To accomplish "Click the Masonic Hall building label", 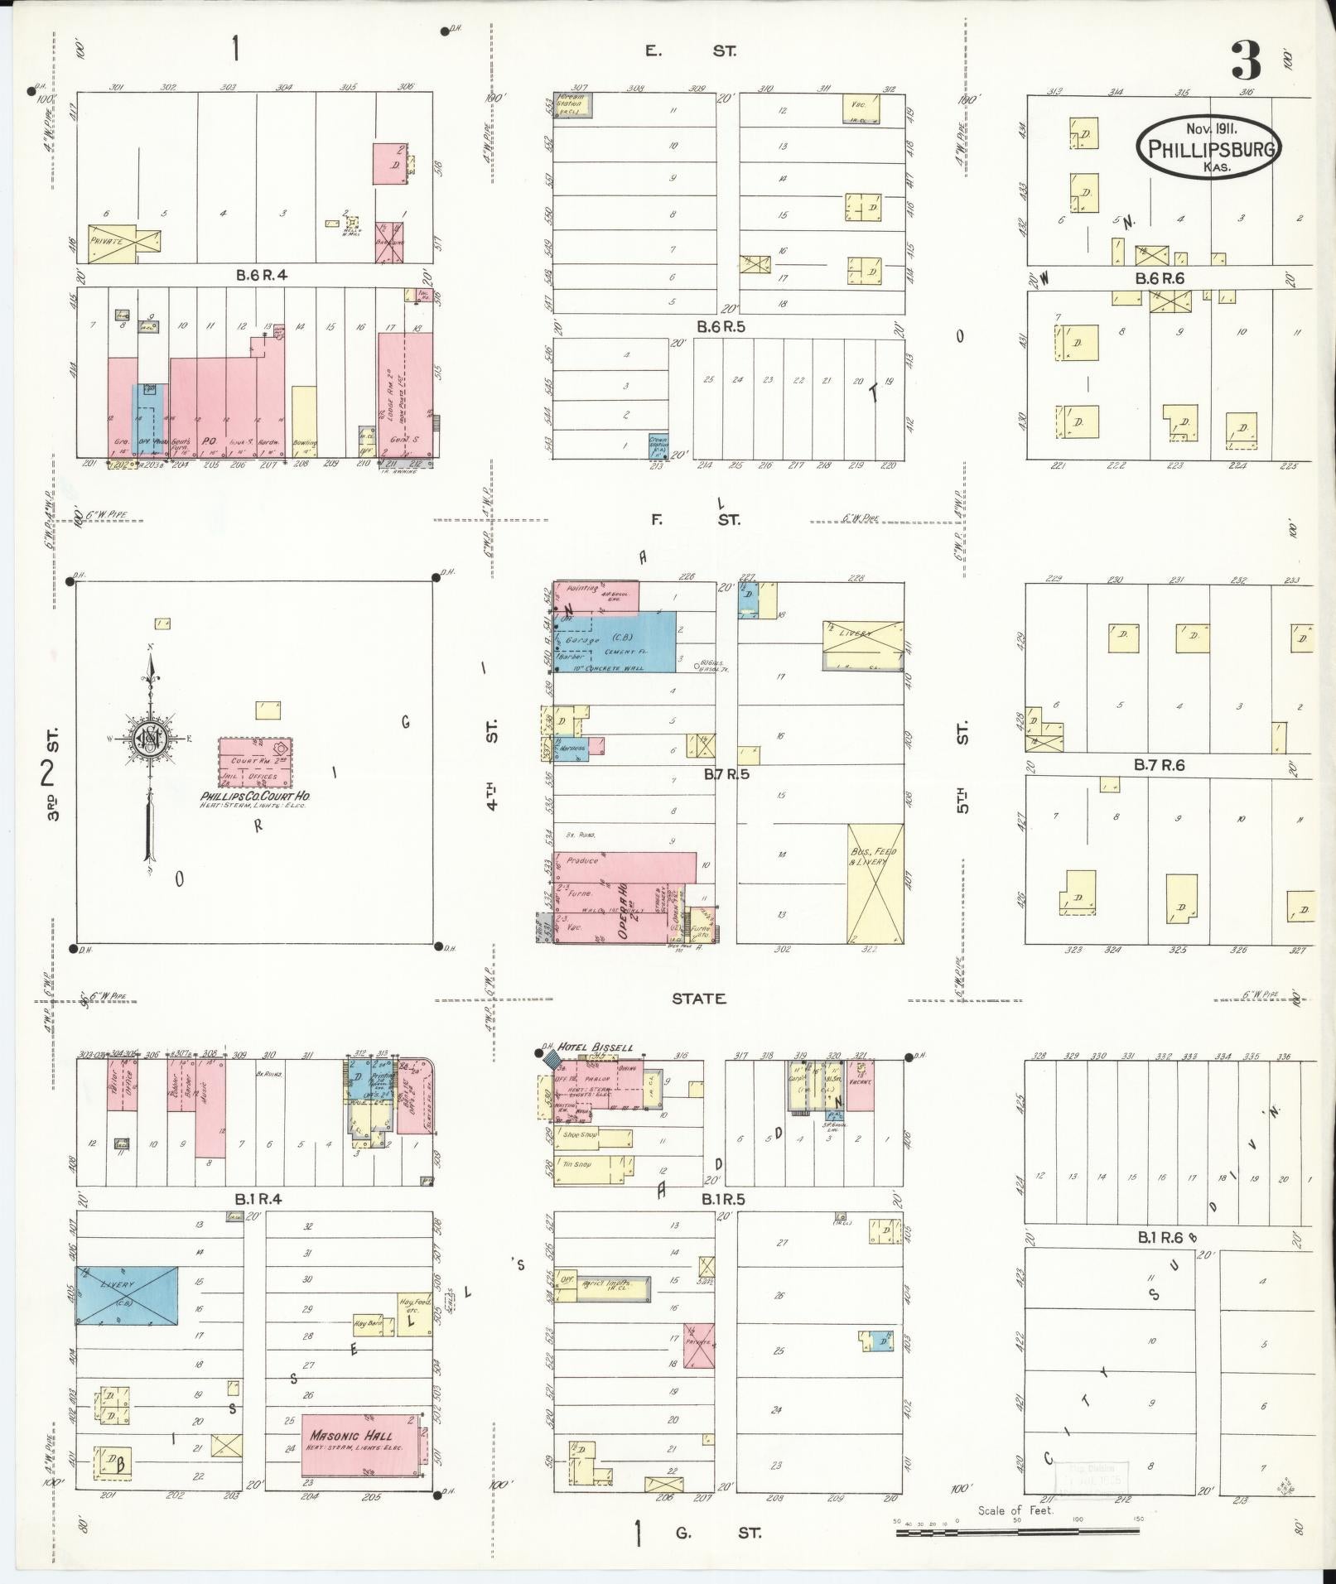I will coord(350,1436).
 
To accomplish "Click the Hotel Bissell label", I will coord(596,1047).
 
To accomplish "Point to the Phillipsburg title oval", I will coord(1209,147).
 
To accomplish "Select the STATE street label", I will coord(698,999).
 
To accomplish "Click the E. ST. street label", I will coord(691,51).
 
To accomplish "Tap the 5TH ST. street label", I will coord(962,768).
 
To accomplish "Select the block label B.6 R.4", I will coord(262,276).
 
